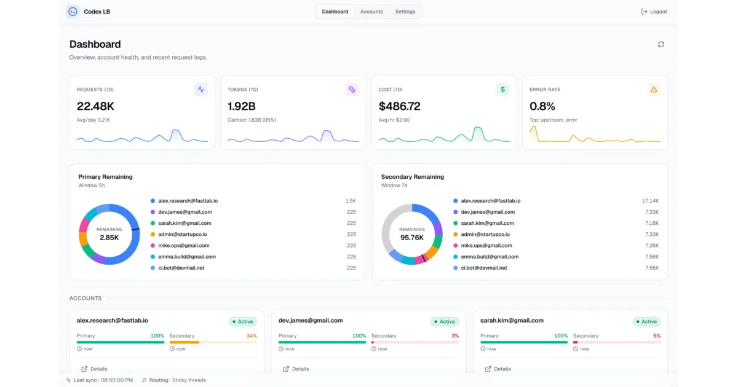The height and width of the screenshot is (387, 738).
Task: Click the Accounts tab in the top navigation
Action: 371,12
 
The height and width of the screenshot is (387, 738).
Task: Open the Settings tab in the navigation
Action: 405,12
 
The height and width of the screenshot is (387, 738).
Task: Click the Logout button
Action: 654,12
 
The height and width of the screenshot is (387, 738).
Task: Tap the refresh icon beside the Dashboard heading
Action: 661,44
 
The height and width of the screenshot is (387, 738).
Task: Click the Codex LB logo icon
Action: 73,12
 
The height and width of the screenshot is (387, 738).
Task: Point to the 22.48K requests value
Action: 95,106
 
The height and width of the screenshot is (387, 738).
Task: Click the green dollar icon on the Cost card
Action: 502,90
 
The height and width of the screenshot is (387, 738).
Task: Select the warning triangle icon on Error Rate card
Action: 654,90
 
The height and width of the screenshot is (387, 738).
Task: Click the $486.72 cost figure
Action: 399,106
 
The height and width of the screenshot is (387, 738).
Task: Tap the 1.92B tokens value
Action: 242,106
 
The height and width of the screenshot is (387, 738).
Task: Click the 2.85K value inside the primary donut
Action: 109,238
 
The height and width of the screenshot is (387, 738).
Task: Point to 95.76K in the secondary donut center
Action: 412,238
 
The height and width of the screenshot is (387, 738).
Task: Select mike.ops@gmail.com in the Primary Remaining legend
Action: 183,246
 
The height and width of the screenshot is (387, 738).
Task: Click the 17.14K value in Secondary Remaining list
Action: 651,201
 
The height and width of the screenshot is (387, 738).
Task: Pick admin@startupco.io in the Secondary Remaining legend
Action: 485,234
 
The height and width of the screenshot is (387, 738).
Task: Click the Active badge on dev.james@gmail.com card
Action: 445,321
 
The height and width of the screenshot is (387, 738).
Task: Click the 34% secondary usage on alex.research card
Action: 252,336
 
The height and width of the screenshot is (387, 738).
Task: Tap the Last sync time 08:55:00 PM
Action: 117,380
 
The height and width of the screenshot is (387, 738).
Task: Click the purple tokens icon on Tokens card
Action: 352,90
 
